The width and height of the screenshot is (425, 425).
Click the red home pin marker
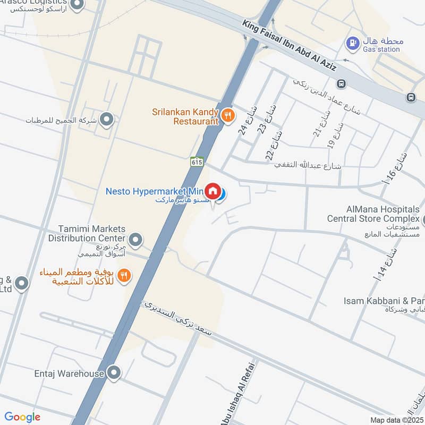(213, 191)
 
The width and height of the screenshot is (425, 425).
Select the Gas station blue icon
(352, 41)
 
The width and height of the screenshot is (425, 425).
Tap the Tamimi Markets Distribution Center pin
(135, 240)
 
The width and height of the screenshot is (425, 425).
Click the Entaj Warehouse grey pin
(114, 373)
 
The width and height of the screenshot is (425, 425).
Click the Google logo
(22, 417)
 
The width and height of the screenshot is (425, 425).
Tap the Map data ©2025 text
(396, 420)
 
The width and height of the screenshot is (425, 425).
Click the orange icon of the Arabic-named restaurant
(124, 275)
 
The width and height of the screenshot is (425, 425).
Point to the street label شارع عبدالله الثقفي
(308, 166)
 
